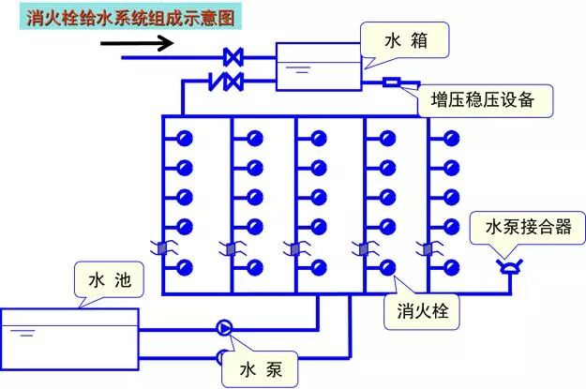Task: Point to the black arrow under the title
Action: pos(149,43)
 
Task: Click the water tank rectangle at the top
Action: pos(317,67)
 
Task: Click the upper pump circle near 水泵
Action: pos(225,327)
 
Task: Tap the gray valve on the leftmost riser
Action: pos(163,248)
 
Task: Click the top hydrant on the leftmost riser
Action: pos(185,139)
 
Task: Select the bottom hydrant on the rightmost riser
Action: pos(452,265)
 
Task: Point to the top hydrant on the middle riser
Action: pos(319,139)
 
